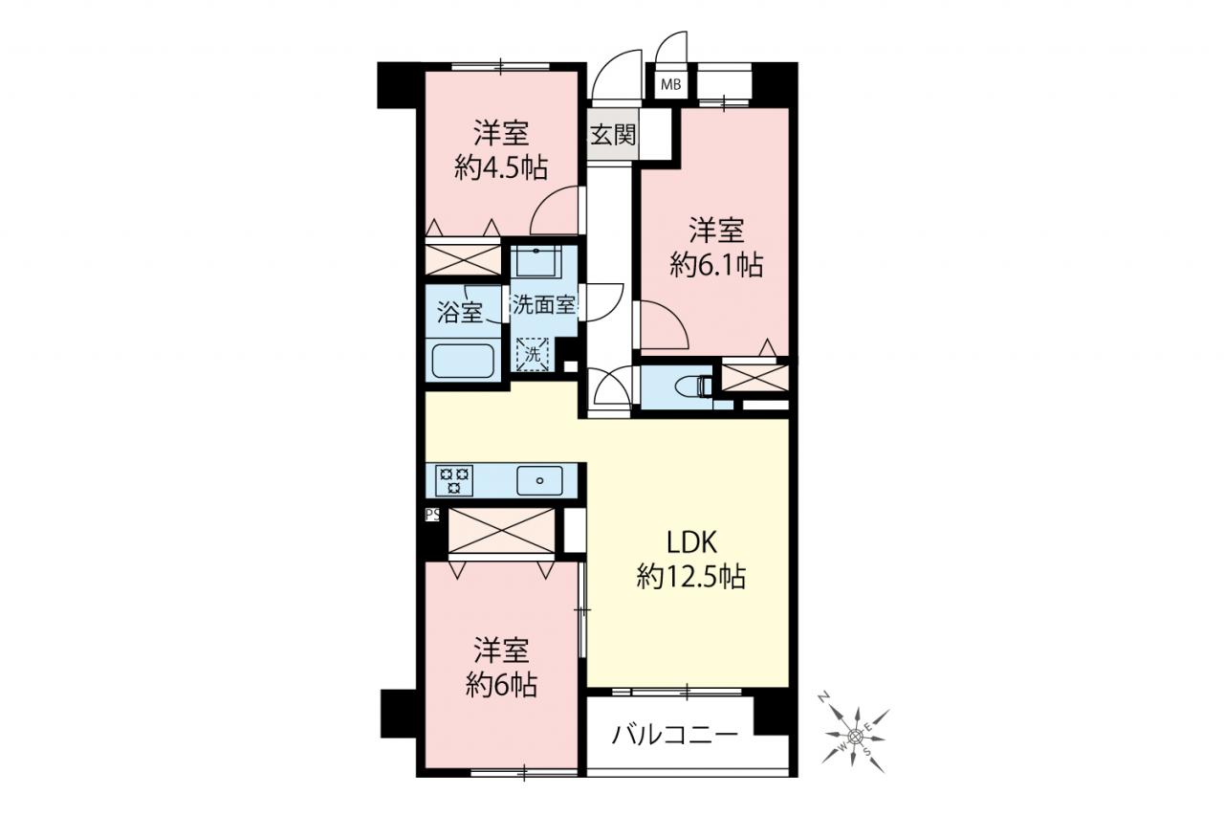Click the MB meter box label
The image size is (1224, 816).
pyautogui.click(x=670, y=85)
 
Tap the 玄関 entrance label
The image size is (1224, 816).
pyautogui.click(x=614, y=135)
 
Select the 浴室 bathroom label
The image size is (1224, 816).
pyautogui.click(x=460, y=313)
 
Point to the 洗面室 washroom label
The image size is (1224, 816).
pyautogui.click(x=544, y=305)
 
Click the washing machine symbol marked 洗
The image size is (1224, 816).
pyautogui.click(x=533, y=355)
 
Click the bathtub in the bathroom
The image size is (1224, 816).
pyautogui.click(x=464, y=361)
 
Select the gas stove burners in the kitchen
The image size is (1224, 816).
pyautogui.click(x=454, y=481)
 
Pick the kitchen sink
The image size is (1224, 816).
pyautogui.click(x=539, y=481)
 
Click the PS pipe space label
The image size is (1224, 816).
pyautogui.click(x=432, y=515)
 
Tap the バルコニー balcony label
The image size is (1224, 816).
pyautogui.click(x=674, y=734)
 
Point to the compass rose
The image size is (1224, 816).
pyautogui.click(x=855, y=734)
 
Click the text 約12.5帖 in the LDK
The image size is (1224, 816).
pyautogui.click(x=690, y=577)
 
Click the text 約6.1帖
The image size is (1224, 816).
pyautogui.click(x=716, y=265)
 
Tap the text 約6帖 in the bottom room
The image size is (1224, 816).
pyautogui.click(x=501, y=685)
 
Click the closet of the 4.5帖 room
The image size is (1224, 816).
pyautogui.click(x=463, y=260)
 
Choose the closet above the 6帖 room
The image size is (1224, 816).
pyautogui.click(x=501, y=531)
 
